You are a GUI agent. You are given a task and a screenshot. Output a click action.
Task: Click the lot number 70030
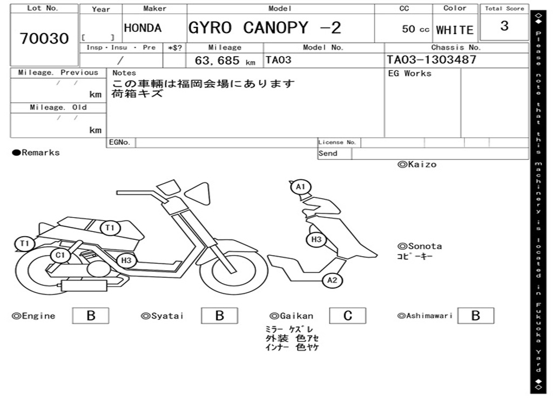[x=44, y=38]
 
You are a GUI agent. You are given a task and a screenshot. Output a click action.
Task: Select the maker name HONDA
[x=143, y=28]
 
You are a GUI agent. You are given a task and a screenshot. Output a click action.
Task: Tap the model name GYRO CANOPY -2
[x=265, y=28]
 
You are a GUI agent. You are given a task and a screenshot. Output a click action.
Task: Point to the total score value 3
[x=504, y=26]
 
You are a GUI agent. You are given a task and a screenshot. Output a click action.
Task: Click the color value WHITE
[x=455, y=30]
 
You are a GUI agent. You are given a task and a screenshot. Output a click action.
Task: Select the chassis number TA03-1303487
[x=431, y=59]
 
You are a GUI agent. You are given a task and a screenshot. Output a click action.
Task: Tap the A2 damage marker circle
[x=333, y=280]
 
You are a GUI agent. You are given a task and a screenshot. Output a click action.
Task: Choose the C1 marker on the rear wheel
[x=60, y=255]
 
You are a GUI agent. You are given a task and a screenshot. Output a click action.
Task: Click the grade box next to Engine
[x=90, y=316]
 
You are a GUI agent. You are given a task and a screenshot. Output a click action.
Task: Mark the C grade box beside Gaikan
[x=348, y=316]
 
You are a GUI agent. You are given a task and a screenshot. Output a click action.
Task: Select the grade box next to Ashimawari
[x=475, y=316]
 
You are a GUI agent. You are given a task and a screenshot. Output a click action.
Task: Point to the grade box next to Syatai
[x=219, y=316]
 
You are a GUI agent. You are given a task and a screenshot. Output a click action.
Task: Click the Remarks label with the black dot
[x=36, y=153]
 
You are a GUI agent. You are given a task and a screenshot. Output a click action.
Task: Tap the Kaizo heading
[x=417, y=164]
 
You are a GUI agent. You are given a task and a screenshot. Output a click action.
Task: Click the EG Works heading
[x=410, y=73]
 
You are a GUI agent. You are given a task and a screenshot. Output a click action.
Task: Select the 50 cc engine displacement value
[x=415, y=29]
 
